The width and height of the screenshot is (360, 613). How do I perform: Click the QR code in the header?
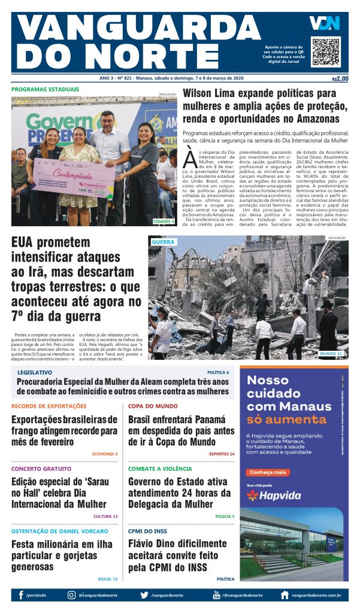pyautogui.click(x=325, y=51)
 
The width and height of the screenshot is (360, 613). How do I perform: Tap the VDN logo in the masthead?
pyautogui.click(x=324, y=23)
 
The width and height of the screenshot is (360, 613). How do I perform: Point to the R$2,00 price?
pyautogui.click(x=340, y=78)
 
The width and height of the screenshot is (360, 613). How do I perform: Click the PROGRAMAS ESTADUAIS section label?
pyautogui.click(x=45, y=90)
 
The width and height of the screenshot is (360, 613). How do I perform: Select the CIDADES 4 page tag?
pyautogui.click(x=164, y=221)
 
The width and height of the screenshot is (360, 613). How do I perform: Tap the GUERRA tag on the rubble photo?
pyautogui.click(x=163, y=242)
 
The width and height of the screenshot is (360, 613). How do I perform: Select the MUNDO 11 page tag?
pyautogui.click(x=331, y=354)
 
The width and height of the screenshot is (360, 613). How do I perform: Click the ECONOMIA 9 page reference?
pyautogui.click(x=105, y=454)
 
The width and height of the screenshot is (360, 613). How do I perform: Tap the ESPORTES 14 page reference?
pyautogui.click(x=222, y=454)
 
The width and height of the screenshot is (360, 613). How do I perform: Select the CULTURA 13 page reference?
pyautogui.click(x=105, y=516)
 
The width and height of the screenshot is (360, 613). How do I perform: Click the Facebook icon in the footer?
pyautogui.click(x=21, y=595)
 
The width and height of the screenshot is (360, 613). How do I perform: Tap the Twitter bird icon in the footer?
pyautogui.click(x=144, y=595)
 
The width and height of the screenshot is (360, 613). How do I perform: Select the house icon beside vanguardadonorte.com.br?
pyautogui.click(x=285, y=595)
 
